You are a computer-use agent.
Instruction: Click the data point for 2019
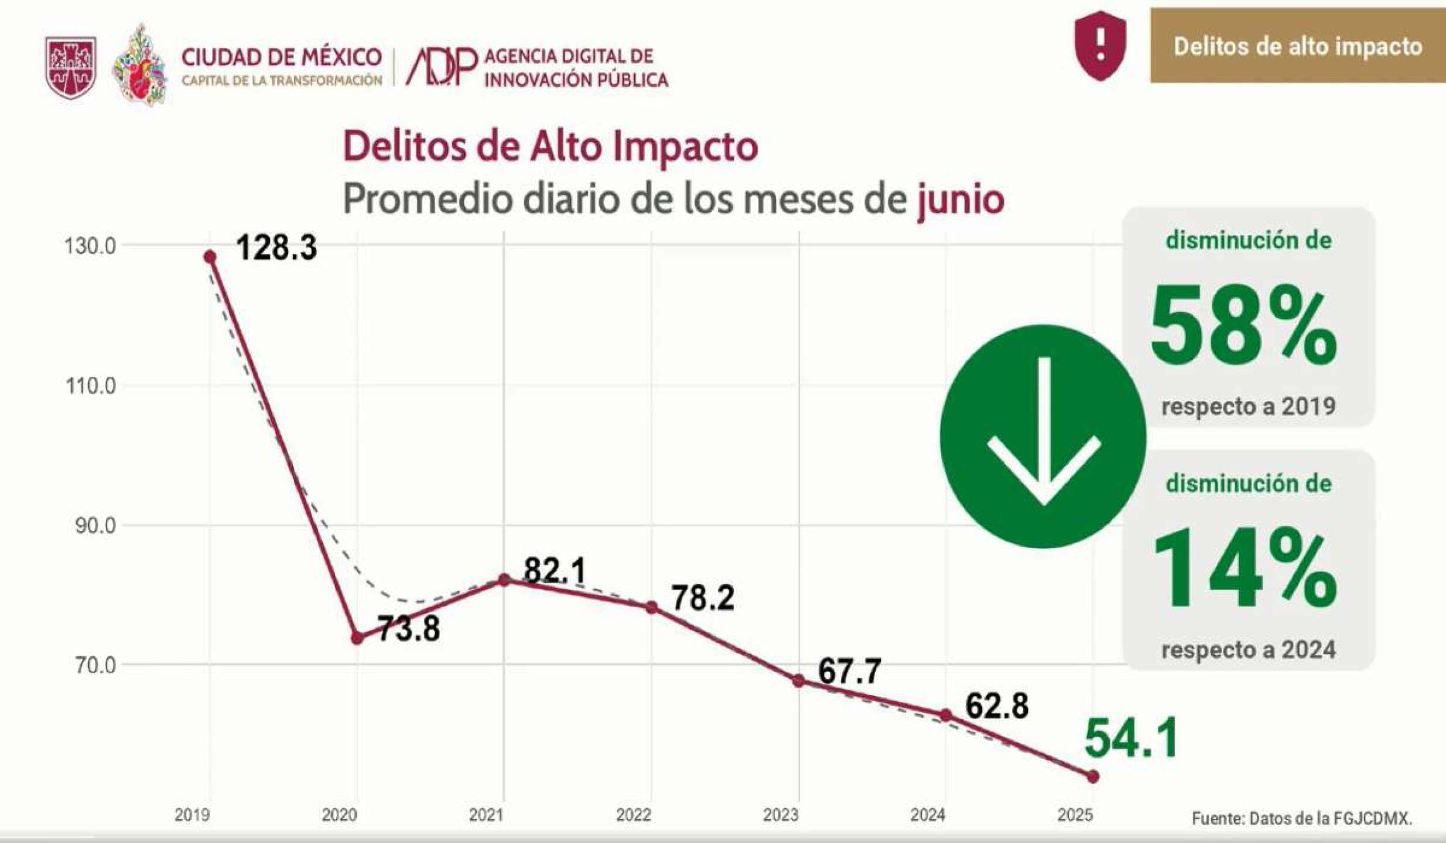[x=210, y=257]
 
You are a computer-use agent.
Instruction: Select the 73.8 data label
[x=408, y=630]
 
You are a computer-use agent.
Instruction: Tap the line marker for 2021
[x=504, y=580]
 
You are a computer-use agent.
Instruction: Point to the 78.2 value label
[x=703, y=598]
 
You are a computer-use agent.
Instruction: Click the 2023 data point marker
[x=799, y=681]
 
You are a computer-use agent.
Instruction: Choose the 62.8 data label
[x=997, y=706]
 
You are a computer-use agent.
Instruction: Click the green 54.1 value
[x=1131, y=739]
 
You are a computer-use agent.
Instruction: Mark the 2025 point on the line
[x=1093, y=777]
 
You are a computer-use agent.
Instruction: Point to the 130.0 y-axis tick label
[x=90, y=246]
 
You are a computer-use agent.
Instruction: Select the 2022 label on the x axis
[x=634, y=815]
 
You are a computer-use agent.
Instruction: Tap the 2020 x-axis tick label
[x=340, y=815]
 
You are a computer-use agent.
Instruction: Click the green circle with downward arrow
[x=1043, y=436]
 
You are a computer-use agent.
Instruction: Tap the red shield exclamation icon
[x=1100, y=46]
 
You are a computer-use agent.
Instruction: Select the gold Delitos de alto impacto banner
[x=1297, y=46]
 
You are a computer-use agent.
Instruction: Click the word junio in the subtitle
[x=960, y=200]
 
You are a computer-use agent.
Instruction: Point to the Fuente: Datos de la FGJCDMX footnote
[x=1301, y=818]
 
